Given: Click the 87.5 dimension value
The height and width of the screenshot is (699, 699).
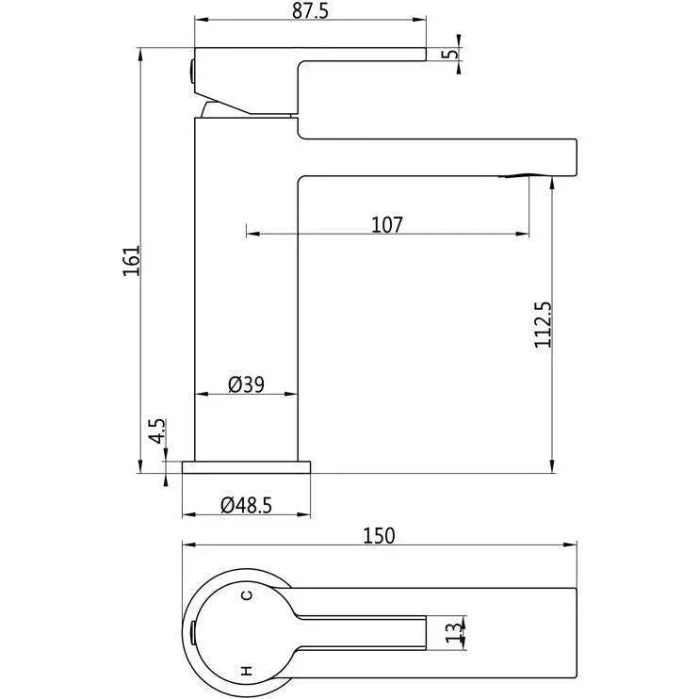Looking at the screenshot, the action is point(310,10).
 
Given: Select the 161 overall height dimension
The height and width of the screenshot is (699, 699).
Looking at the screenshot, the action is point(132,260).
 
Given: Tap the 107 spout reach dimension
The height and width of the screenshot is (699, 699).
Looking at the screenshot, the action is point(387,224).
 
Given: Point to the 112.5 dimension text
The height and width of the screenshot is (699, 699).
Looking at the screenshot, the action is point(543,324).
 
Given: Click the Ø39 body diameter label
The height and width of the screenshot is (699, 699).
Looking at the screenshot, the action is point(246,384).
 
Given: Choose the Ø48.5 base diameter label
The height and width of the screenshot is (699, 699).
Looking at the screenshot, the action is point(246,506).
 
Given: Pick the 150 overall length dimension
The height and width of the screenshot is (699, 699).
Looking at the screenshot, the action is point(379,536).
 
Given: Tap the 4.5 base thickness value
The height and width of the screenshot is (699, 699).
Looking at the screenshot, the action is point(157,431).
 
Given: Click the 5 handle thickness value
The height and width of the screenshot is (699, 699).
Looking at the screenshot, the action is point(452,54).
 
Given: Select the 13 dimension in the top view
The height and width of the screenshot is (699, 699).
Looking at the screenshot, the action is point(454,632).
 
